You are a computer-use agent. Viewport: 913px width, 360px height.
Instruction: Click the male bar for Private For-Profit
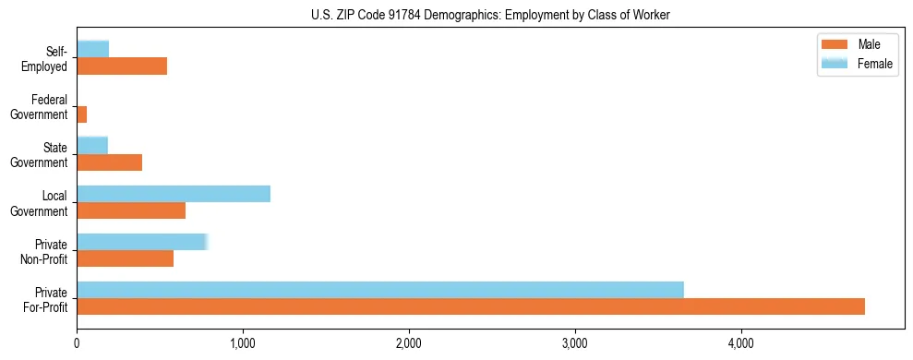click(x=471, y=306)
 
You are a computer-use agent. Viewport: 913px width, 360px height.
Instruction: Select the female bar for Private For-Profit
click(x=380, y=290)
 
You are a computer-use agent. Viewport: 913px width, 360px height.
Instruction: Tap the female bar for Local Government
click(x=174, y=194)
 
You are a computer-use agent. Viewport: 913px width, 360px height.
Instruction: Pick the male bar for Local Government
click(x=131, y=210)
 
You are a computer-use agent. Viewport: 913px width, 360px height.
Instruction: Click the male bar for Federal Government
click(x=82, y=114)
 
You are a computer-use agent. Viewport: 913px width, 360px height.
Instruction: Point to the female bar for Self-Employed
click(x=93, y=49)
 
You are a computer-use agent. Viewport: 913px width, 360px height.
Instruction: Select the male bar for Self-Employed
click(x=122, y=66)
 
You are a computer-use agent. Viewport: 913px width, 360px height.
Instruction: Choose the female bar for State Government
click(x=92, y=145)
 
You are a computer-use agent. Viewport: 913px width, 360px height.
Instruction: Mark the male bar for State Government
click(x=110, y=162)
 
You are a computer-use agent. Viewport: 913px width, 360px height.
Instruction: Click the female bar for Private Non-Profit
click(x=142, y=242)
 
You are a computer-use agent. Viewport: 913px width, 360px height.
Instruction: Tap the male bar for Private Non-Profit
click(x=126, y=258)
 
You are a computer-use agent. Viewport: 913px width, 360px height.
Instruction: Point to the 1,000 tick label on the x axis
click(x=243, y=344)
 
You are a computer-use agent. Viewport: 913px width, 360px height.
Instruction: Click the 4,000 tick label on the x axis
click(x=741, y=344)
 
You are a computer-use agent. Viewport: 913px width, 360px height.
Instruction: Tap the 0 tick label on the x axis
click(x=77, y=344)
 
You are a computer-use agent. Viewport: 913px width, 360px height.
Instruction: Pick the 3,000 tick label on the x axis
click(x=575, y=344)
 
